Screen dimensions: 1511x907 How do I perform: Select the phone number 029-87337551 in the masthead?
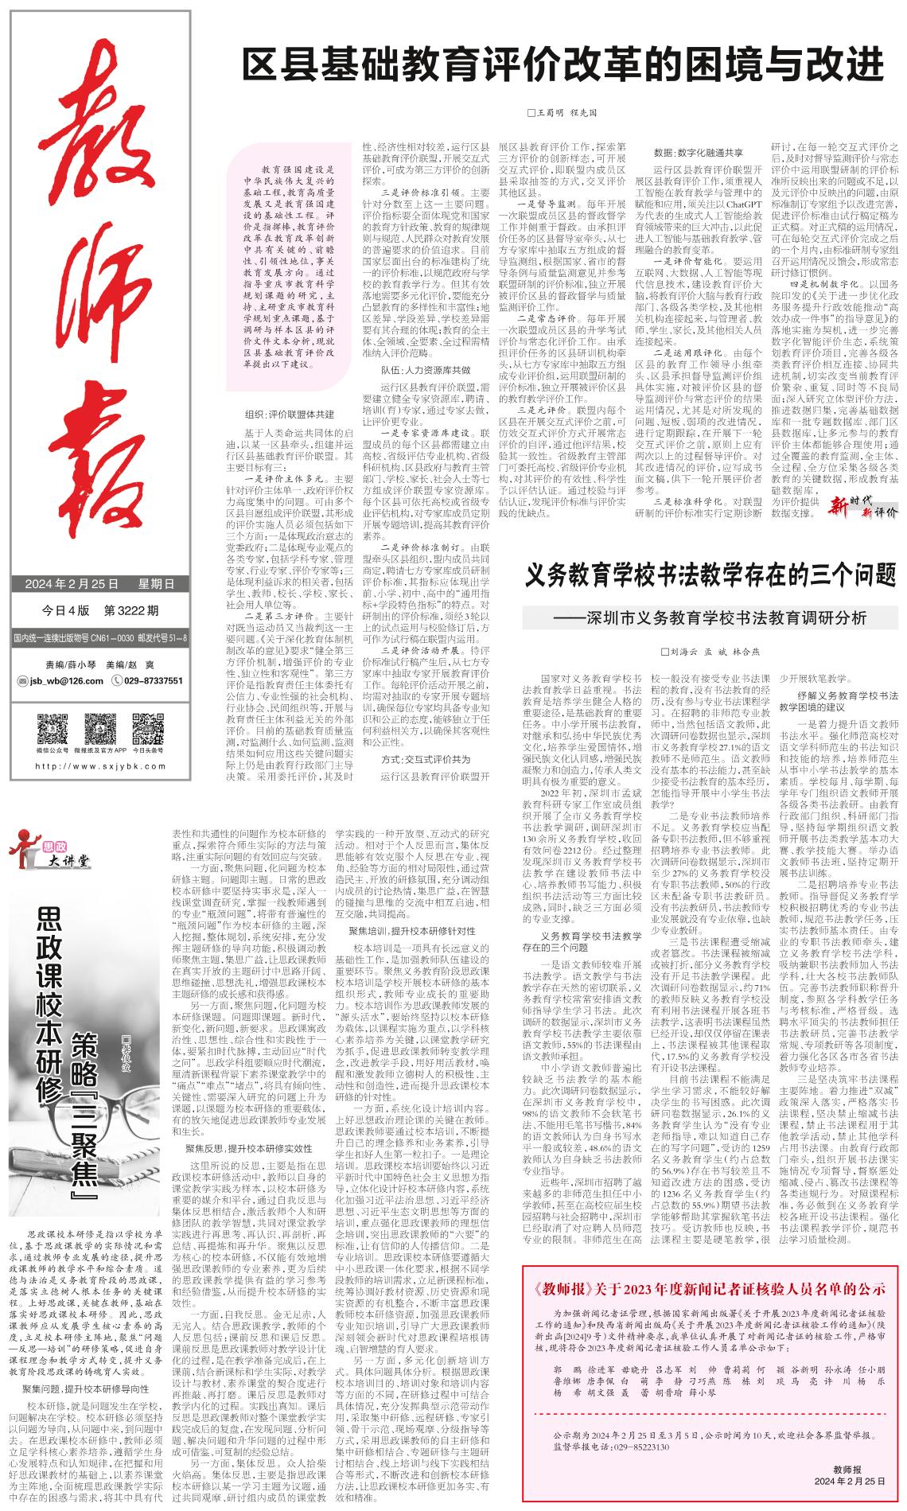click(152, 680)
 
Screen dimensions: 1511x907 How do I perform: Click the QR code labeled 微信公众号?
click(53, 730)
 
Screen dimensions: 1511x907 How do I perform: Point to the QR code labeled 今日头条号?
click(147, 730)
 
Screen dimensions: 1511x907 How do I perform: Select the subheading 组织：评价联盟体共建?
click(290, 415)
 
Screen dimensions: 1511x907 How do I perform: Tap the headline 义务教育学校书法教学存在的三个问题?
click(710, 575)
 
